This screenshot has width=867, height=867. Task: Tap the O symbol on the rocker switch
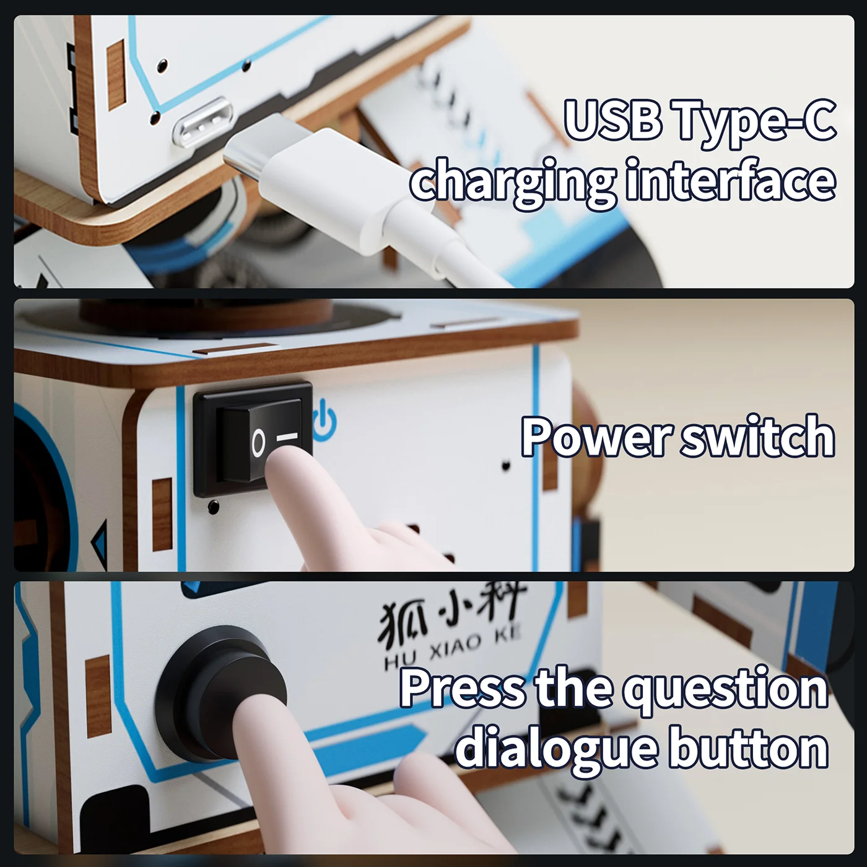point(258,443)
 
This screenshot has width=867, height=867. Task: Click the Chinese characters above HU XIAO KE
point(452,610)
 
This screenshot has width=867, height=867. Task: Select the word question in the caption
point(725,689)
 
